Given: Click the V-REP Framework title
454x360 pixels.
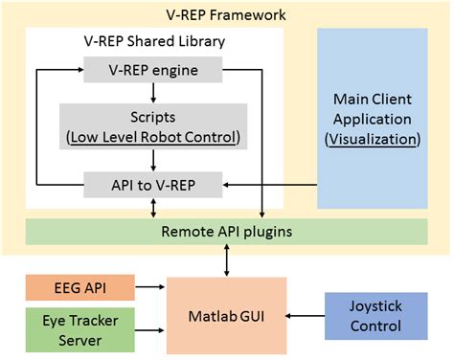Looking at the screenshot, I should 226,15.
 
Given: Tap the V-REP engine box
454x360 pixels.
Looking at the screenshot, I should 153,70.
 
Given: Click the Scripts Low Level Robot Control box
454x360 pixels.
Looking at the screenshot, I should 153,125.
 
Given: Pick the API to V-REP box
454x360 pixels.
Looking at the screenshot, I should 153,182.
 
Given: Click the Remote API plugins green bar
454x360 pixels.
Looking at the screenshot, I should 226,232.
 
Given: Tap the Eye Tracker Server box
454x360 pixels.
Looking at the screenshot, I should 74,323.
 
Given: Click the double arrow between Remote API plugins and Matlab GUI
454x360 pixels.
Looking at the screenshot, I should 227,260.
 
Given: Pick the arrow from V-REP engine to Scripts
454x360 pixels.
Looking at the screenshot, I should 153,91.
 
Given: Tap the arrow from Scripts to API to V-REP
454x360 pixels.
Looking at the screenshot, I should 153,160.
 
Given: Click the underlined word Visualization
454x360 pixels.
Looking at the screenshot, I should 374,139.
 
